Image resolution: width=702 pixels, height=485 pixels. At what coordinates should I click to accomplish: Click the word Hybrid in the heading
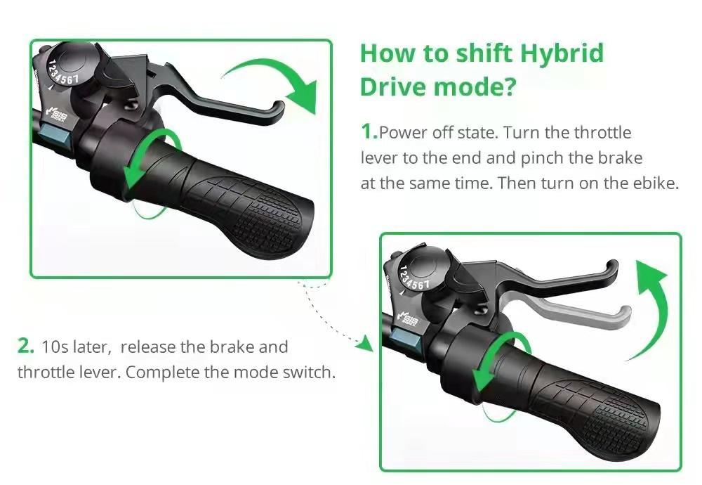(x=562, y=54)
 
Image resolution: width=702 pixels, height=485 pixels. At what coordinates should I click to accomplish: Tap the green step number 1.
(x=369, y=131)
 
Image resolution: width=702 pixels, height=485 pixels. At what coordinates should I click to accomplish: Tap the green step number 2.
(x=25, y=346)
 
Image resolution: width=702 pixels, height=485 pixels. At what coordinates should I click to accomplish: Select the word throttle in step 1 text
(x=602, y=133)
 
